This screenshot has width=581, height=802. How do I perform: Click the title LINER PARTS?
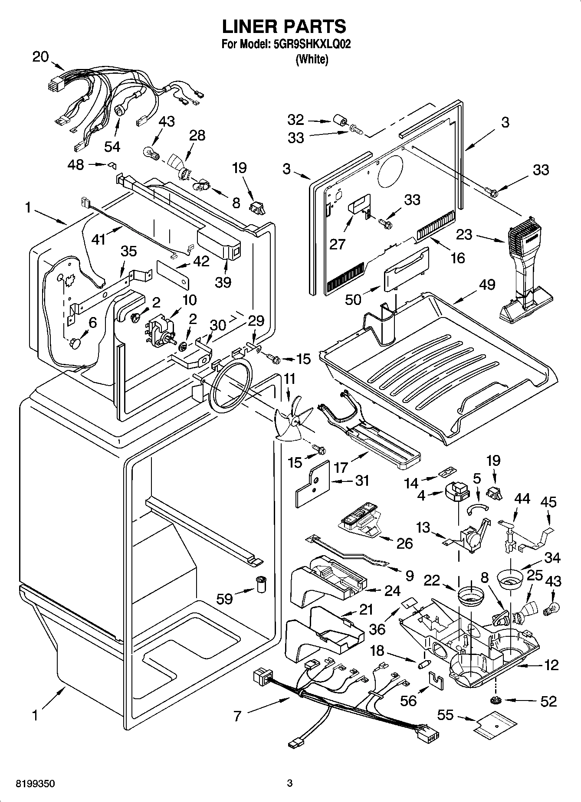(x=284, y=27)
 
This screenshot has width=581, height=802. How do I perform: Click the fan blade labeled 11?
(x=293, y=420)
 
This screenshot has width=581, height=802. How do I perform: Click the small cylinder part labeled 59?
(x=261, y=584)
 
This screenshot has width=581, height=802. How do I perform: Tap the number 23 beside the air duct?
(x=464, y=235)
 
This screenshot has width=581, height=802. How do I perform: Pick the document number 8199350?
(x=36, y=784)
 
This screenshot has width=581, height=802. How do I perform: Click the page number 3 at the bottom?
(x=290, y=783)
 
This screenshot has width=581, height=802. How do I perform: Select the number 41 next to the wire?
(x=99, y=239)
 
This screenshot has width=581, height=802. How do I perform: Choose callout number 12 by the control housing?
(x=551, y=665)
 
